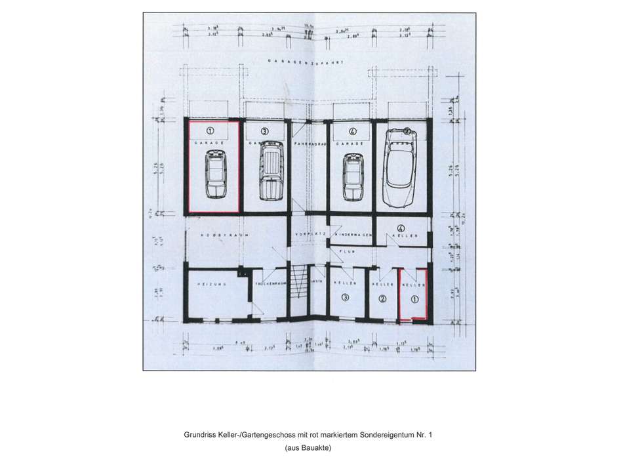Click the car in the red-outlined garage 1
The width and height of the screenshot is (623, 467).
tap(215, 176)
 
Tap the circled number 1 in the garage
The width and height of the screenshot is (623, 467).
tap(210, 131)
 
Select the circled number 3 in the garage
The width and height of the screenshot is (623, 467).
tap(264, 131)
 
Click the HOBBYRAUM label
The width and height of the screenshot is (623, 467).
tap(214, 234)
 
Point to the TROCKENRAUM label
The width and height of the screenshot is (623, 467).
tap(269, 284)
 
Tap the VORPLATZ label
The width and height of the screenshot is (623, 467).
tap(308, 234)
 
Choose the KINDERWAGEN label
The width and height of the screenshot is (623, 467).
tap(354, 234)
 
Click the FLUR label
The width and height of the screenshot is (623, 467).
tap(346, 250)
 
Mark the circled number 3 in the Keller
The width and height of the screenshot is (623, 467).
tap(346, 297)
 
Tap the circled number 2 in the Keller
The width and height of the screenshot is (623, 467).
tap(383, 299)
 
